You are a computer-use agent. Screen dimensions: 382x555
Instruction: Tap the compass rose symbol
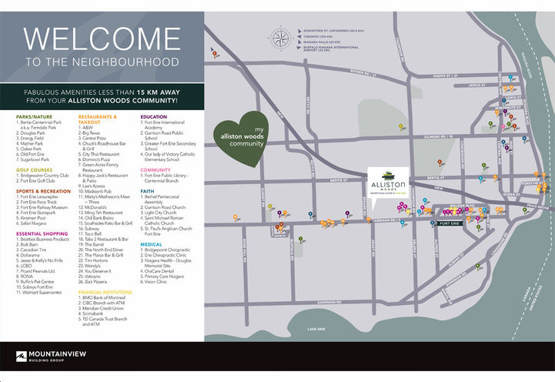[x=281, y=37]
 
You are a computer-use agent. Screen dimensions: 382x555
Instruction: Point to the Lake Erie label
[x=316, y=329]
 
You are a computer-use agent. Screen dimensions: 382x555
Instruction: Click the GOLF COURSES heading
[x=33, y=169]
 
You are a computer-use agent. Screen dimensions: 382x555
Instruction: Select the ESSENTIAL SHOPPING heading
[x=40, y=232]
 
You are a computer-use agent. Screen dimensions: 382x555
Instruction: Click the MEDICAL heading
[x=151, y=243]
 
